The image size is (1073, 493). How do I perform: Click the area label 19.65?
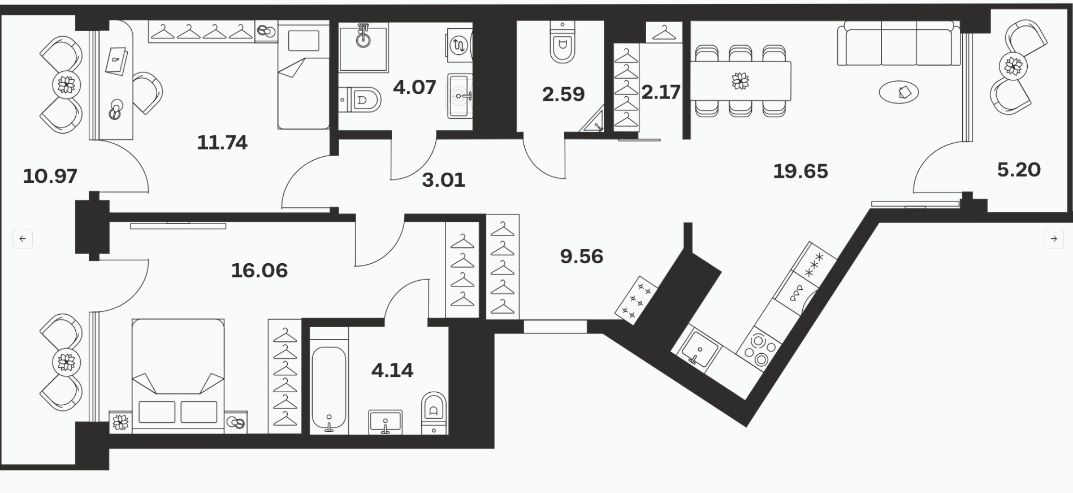click(800, 171)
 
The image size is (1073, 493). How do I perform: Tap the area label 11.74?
click(222, 143)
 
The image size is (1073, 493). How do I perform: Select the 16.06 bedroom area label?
click(259, 271)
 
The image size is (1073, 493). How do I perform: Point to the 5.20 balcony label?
click(1019, 170)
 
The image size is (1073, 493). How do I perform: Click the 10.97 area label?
click(50, 177)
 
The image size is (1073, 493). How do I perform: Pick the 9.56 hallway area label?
click(582, 256)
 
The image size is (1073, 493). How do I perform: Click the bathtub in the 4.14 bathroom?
click(329, 387)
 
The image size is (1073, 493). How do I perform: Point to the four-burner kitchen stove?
click(759, 350)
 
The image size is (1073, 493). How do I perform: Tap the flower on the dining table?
click(740, 81)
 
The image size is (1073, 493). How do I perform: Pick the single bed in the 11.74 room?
click(304, 75)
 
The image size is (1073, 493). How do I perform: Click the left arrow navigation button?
click(23, 239)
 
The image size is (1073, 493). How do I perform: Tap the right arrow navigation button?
click(1053, 239)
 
